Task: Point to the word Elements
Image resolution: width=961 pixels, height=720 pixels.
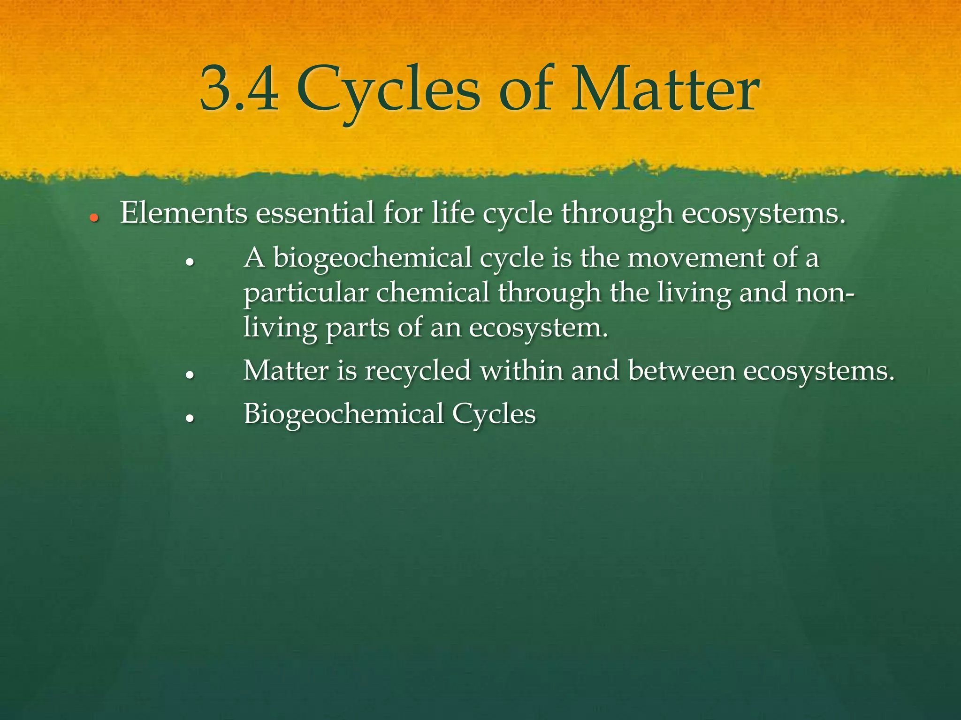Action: tap(183, 213)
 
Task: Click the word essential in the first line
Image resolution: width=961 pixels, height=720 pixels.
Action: tap(315, 213)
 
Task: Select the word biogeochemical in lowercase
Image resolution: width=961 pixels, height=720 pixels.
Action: tap(372, 259)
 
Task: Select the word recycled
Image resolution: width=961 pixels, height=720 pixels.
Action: tap(418, 371)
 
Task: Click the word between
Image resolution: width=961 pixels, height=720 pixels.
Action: tap(682, 371)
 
